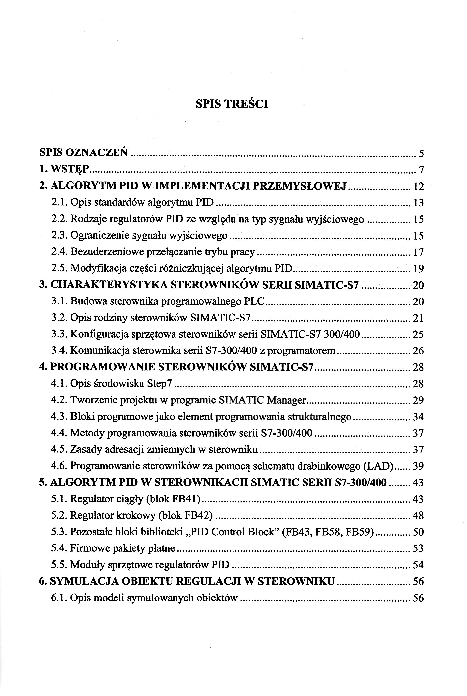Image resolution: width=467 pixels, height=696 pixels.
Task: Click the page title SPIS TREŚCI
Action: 232,104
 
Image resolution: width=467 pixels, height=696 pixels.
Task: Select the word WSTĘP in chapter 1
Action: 70,170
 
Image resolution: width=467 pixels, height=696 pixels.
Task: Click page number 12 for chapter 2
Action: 418,187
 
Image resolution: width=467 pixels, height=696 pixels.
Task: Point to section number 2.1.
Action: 59,203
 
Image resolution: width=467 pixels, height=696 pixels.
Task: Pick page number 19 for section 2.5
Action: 418,269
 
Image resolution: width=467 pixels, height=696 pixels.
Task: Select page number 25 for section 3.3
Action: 418,335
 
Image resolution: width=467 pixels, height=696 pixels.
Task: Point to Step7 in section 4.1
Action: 159,384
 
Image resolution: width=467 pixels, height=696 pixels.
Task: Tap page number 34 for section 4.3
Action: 418,417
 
